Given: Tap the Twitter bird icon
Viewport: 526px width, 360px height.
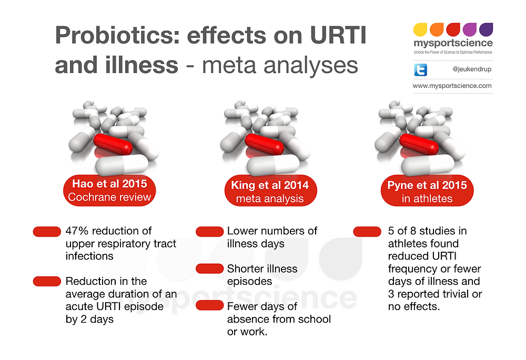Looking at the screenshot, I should coord(421,70).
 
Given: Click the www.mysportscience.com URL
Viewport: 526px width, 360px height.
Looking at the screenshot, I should coord(452,86).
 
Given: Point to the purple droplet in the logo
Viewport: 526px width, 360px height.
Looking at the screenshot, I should coord(486,29).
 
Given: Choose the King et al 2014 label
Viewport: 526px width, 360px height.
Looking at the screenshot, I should coord(270,186).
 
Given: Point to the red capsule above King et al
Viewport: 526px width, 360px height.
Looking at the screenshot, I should coord(265,143).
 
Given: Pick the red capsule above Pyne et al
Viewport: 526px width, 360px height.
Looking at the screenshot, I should coord(418,143).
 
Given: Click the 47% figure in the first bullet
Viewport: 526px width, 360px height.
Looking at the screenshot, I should coord(77,231).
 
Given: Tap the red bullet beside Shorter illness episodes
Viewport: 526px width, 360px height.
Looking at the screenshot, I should coord(209,269).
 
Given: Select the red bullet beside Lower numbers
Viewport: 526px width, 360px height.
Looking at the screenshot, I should coord(209,231).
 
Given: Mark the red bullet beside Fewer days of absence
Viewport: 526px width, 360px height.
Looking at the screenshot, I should coord(209,306).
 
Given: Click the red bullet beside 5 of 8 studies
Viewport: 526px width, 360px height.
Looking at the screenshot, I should coord(367,231).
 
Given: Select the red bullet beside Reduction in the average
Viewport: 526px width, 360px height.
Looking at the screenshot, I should coord(47,281).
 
